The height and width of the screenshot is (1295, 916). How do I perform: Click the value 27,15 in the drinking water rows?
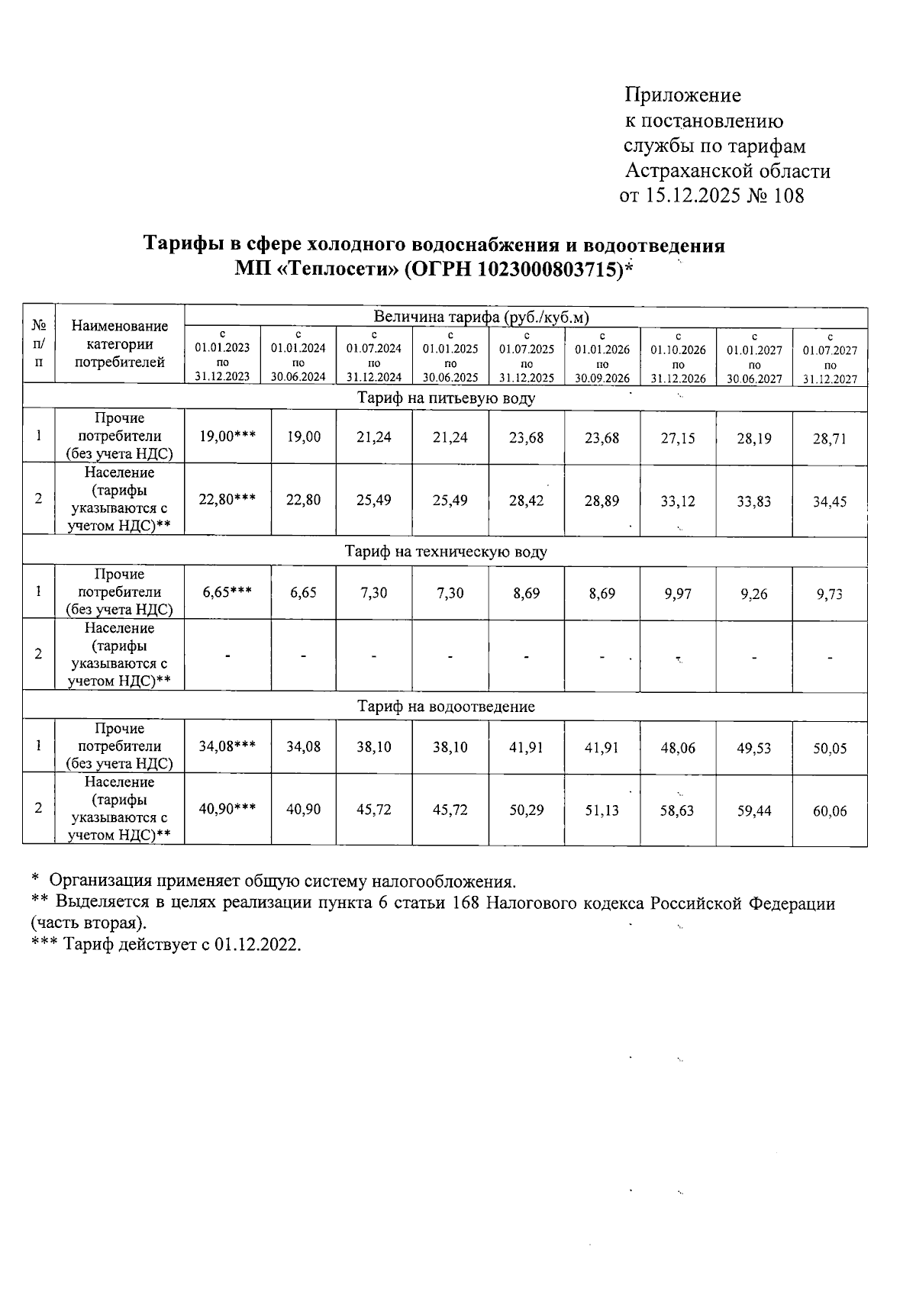[x=678, y=439]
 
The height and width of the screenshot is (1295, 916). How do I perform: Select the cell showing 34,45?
[x=830, y=502]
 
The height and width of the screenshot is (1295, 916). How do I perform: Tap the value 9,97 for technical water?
[x=678, y=594]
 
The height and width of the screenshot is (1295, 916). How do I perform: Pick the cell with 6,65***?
[x=227, y=593]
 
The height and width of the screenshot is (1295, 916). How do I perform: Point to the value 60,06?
[x=830, y=811]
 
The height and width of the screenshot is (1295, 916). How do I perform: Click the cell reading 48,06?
[x=678, y=749]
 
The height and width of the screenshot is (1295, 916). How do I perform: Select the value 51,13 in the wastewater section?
[x=602, y=810]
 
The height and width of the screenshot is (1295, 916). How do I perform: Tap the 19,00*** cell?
[x=227, y=437]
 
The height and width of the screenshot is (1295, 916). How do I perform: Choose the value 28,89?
[x=602, y=501]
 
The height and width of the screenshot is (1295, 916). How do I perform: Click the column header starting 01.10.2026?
[x=678, y=357]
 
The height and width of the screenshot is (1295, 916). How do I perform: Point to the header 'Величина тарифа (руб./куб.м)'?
[x=482, y=317]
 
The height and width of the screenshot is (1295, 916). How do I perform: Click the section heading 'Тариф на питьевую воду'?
[x=447, y=398]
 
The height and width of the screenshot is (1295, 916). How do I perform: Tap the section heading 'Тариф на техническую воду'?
[x=447, y=552]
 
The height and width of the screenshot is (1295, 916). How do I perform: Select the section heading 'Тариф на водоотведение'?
[x=447, y=707]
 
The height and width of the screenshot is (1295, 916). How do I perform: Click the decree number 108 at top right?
[x=789, y=196]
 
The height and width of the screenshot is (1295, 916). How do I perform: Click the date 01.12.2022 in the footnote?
[x=257, y=945]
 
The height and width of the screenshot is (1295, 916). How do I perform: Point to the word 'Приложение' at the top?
[x=682, y=95]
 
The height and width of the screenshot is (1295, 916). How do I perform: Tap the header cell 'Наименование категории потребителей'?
[x=119, y=344]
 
